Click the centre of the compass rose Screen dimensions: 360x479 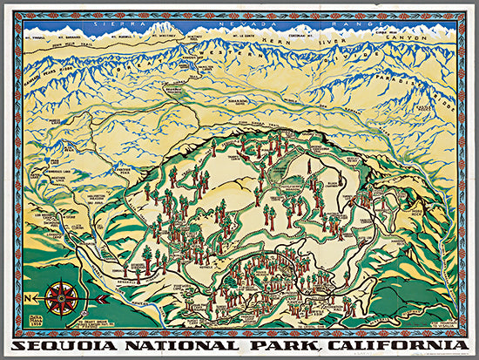(x=60, y=298)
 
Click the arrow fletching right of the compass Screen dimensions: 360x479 (x=102, y=298)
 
